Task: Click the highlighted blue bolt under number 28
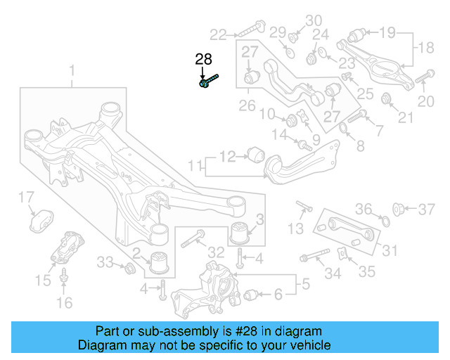[208, 81]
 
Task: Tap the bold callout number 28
[203, 60]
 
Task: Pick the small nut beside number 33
[129, 268]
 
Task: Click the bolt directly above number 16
[64, 277]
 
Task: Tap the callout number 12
[227, 156]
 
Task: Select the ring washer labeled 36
[384, 221]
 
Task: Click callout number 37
[427, 209]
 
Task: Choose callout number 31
[390, 250]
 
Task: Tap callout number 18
[427, 48]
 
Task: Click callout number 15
[43, 281]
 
